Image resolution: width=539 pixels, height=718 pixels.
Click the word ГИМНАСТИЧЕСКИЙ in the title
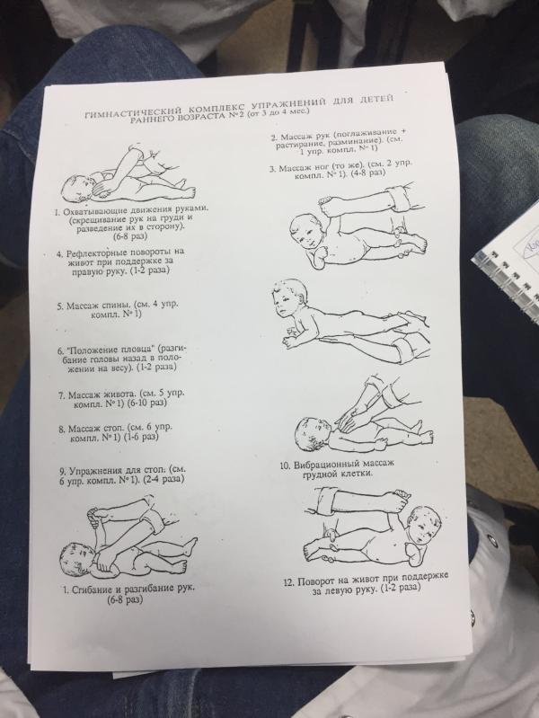(x=133, y=112)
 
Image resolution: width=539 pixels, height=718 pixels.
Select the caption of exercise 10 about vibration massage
(x=337, y=468)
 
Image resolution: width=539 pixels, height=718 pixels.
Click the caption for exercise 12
(x=366, y=583)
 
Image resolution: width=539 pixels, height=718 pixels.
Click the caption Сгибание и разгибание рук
(x=128, y=593)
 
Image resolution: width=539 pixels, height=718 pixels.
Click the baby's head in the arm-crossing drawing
(x=77, y=188)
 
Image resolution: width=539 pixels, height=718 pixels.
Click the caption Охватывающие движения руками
(x=131, y=223)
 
